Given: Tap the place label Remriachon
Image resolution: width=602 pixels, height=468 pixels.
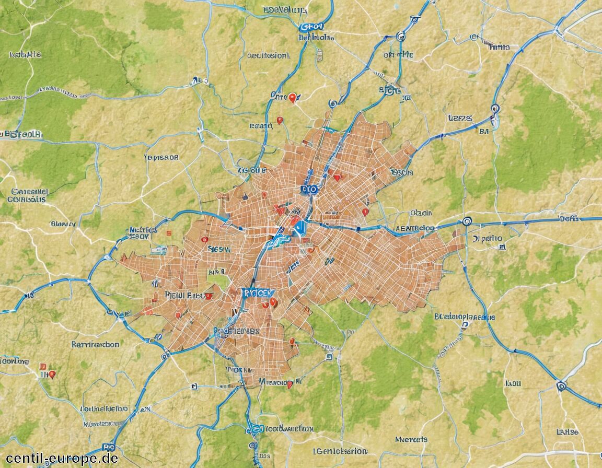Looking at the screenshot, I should tap(95, 344).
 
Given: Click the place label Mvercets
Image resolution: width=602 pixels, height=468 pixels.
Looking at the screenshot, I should tap(411, 439).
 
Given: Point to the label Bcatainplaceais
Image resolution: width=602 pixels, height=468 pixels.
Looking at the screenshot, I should tap(464, 317).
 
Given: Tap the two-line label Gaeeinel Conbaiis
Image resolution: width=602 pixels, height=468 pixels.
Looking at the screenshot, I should tap(29, 195).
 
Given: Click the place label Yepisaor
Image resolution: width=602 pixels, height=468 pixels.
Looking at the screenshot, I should tap(161, 157).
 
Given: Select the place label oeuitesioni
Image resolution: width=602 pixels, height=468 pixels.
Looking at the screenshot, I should tap(267, 55).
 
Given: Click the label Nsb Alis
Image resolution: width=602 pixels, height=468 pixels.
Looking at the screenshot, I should tap(25, 54).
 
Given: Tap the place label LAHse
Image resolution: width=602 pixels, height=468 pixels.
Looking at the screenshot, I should tap(568, 432).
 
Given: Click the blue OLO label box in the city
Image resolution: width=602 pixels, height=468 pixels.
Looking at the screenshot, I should tap(309, 189).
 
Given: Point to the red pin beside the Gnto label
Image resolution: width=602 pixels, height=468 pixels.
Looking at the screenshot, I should tap(293, 97).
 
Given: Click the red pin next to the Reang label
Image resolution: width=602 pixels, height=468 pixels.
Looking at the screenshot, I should tap(280, 120).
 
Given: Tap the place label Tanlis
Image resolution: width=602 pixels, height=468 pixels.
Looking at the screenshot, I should tap(499, 47).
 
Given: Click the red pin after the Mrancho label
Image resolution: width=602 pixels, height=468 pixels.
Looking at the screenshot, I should tap(290, 384).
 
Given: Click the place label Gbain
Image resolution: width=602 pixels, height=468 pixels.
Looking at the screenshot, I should tap(421, 213).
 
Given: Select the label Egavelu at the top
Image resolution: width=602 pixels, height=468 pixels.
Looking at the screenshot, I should tap(285, 9).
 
